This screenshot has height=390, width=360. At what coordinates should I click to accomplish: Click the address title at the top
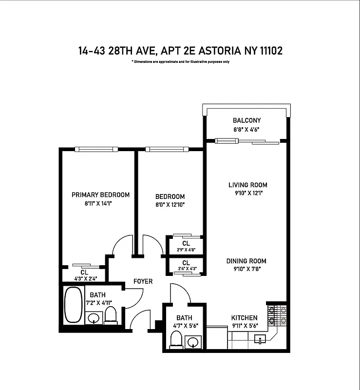pos(180,51)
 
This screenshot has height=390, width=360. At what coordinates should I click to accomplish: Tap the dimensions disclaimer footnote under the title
pos(180,62)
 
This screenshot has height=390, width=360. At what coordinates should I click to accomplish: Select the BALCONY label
pos(246,120)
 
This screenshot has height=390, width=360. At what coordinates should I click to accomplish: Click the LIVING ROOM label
pos(248,185)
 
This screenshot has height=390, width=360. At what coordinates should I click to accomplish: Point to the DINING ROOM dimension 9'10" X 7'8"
pos(246,269)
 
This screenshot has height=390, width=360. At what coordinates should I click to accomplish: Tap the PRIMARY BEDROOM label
pos(100,195)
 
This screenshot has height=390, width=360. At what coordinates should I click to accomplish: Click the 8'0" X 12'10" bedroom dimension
pos(170,204)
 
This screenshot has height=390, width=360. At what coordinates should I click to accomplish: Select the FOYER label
pos(143,281)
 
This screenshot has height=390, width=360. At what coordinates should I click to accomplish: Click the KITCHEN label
pos(244,318)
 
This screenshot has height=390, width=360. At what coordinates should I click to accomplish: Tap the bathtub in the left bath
pos(74,305)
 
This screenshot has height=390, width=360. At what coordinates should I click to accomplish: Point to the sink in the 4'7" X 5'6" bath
pos(194,341)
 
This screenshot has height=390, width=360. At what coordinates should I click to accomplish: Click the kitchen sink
pos(261,338)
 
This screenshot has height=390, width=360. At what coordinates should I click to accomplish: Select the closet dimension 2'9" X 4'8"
pos(186,250)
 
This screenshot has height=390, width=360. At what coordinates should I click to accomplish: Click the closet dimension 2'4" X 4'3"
pos(186,269)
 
